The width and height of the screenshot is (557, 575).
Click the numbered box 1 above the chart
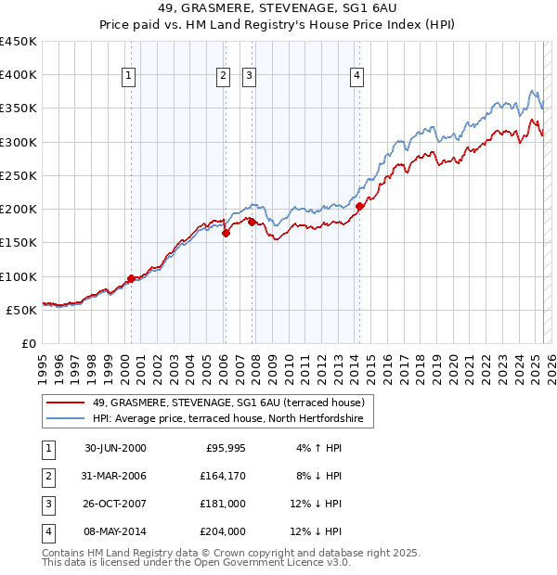tap(128, 77)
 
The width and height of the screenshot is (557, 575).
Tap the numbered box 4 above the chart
tap(357, 77)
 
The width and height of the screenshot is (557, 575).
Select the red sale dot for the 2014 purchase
tap(360, 206)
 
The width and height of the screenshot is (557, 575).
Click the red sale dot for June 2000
tap(131, 278)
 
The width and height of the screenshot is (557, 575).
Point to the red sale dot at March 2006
tap(226, 233)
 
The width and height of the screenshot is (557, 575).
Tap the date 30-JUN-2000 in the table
tap(115, 448)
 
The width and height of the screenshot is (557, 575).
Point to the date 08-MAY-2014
tap(115, 531)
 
